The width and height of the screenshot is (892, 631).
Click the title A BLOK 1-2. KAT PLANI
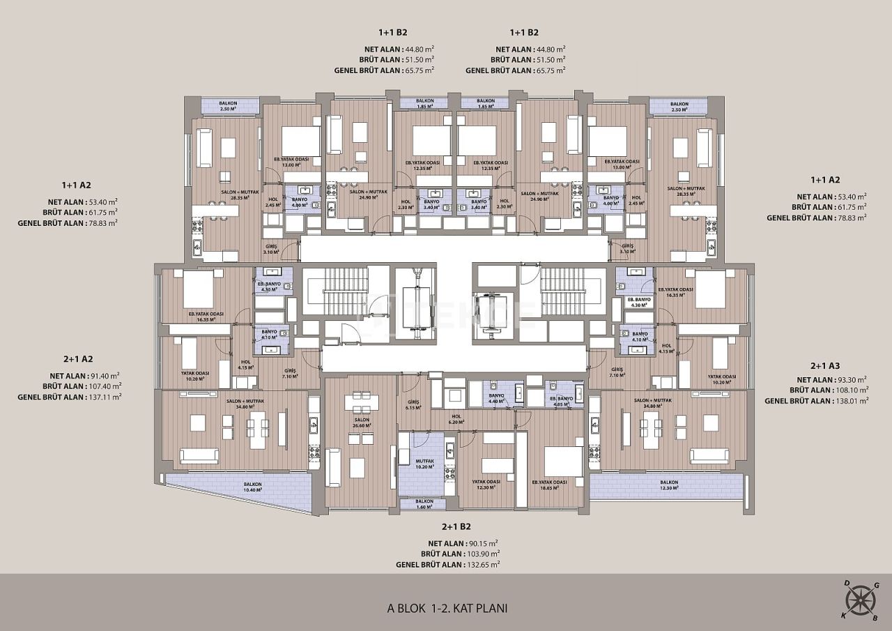pyautogui.click(x=447, y=608)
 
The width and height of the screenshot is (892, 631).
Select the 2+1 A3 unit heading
pyautogui.click(x=824, y=366)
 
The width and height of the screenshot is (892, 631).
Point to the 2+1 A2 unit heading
pyautogui.click(x=77, y=359)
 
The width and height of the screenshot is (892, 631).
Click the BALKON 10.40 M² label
pyautogui.click(x=252, y=487)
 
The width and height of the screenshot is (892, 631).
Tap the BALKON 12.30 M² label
pyautogui.click(x=669, y=485)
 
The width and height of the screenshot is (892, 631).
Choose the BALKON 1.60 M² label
pyautogui.click(x=424, y=504)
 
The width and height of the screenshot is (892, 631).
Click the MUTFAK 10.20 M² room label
pyautogui.click(x=424, y=464)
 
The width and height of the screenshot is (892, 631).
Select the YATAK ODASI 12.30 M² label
pyautogui.click(x=483, y=485)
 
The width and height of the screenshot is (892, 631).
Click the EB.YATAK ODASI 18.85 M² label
pyautogui.click(x=549, y=485)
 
